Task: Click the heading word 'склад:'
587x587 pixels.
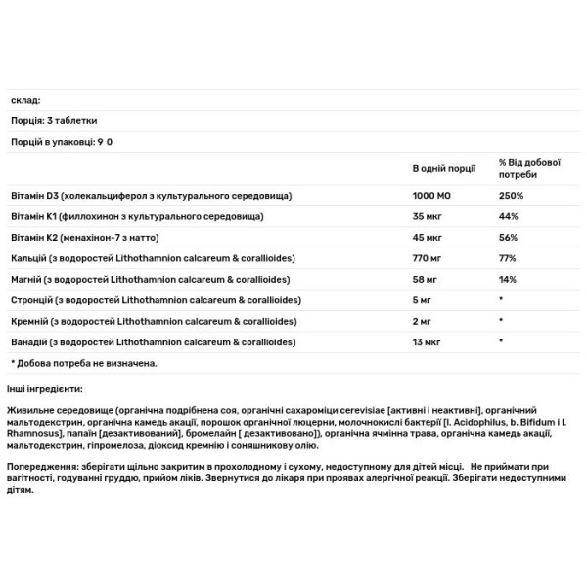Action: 21,100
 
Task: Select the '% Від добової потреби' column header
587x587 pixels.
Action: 525,167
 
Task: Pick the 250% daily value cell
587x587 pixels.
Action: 510,196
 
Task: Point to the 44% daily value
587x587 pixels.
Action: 507,215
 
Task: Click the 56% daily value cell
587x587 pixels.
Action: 507,237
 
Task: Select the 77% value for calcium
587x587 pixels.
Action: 507,257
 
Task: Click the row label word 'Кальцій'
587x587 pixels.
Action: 25,257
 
